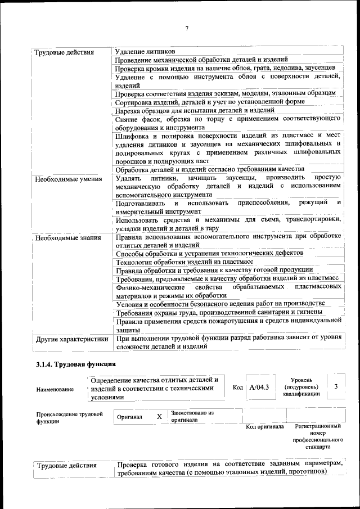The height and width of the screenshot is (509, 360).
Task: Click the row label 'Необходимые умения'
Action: pos(68,179)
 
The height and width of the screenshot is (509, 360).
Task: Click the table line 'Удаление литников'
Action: pos(145,52)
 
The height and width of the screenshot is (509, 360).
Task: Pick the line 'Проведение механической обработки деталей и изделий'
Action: pos(201,60)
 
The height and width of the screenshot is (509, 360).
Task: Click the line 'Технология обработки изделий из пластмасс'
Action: pos(184,262)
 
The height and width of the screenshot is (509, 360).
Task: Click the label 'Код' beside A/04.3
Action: pos(237,388)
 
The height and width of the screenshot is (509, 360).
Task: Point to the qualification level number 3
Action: pos(336,386)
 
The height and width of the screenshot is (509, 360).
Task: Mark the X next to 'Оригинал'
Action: pos(159,417)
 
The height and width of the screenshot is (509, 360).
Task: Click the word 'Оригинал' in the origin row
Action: pos(130,417)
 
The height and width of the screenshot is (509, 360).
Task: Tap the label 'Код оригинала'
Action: pos(265,427)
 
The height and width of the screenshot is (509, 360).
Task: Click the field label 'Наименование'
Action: pos(55,389)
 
